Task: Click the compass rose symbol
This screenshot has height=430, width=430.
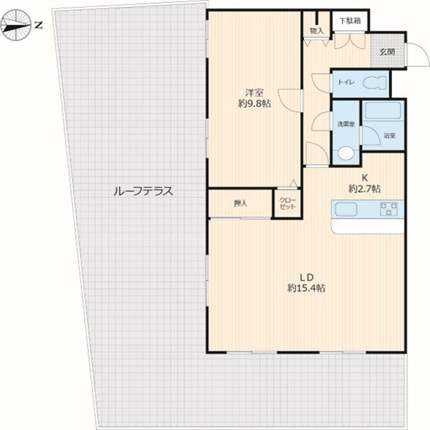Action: click(x=16, y=26)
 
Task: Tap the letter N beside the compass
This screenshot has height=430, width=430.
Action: click(x=39, y=26)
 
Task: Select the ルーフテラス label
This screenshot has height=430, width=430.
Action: click(x=143, y=191)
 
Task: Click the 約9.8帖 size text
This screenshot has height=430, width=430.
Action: click(x=254, y=104)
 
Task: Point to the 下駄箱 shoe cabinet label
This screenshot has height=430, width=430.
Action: click(x=350, y=21)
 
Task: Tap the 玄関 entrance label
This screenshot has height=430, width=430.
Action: click(x=387, y=52)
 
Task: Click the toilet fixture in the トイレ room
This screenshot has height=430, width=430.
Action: click(x=375, y=82)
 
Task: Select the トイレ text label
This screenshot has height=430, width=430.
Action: click(x=346, y=82)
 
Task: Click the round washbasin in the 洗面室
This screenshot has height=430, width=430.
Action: click(x=346, y=153)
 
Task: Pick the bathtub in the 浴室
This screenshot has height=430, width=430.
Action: click(x=383, y=111)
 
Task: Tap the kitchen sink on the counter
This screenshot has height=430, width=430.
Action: click(x=346, y=210)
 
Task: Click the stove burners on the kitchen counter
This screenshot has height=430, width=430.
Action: click(x=388, y=209)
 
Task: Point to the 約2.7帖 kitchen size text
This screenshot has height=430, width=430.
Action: click(x=364, y=189)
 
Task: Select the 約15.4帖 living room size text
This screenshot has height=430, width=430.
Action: click(x=306, y=288)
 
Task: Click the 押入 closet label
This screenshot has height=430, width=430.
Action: click(x=241, y=203)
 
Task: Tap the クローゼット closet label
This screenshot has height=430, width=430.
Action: click(x=288, y=203)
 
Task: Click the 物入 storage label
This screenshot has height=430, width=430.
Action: click(x=316, y=31)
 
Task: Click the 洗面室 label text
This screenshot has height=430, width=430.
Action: click(x=346, y=125)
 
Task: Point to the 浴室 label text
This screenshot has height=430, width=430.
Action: click(x=390, y=135)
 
